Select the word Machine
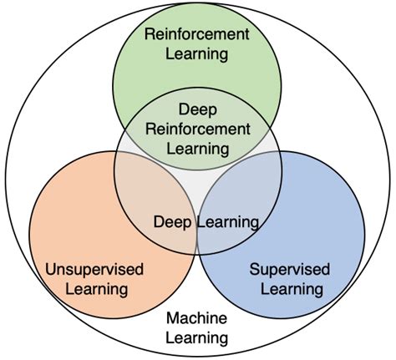click(x=196, y=318)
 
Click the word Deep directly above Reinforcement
click(x=197, y=109)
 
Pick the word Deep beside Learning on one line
click(x=173, y=222)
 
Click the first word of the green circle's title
click(x=197, y=35)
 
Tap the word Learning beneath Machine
click(x=196, y=338)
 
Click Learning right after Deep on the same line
click(x=226, y=222)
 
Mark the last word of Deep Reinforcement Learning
click(x=197, y=149)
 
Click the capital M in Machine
click(x=171, y=318)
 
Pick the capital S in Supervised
click(x=255, y=269)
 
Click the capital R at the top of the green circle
click(x=150, y=35)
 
